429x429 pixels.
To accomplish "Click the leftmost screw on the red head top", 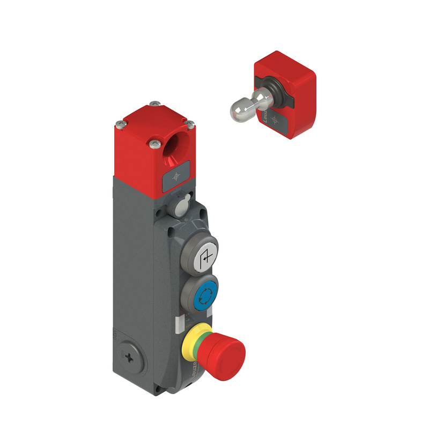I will tap(119, 125).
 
